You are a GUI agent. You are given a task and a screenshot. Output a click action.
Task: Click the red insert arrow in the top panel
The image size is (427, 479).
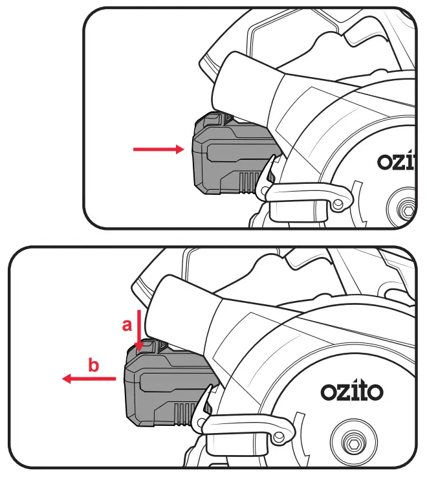159,150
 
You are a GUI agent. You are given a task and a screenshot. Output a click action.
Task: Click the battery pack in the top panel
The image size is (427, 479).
230,159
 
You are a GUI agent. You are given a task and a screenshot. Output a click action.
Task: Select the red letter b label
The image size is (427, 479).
94,366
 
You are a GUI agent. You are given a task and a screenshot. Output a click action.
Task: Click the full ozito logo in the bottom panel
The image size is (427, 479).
352,391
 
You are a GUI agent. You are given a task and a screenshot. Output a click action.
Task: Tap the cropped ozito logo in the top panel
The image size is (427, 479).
395,162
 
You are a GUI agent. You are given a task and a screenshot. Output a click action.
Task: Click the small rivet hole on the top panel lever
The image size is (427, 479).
337,203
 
